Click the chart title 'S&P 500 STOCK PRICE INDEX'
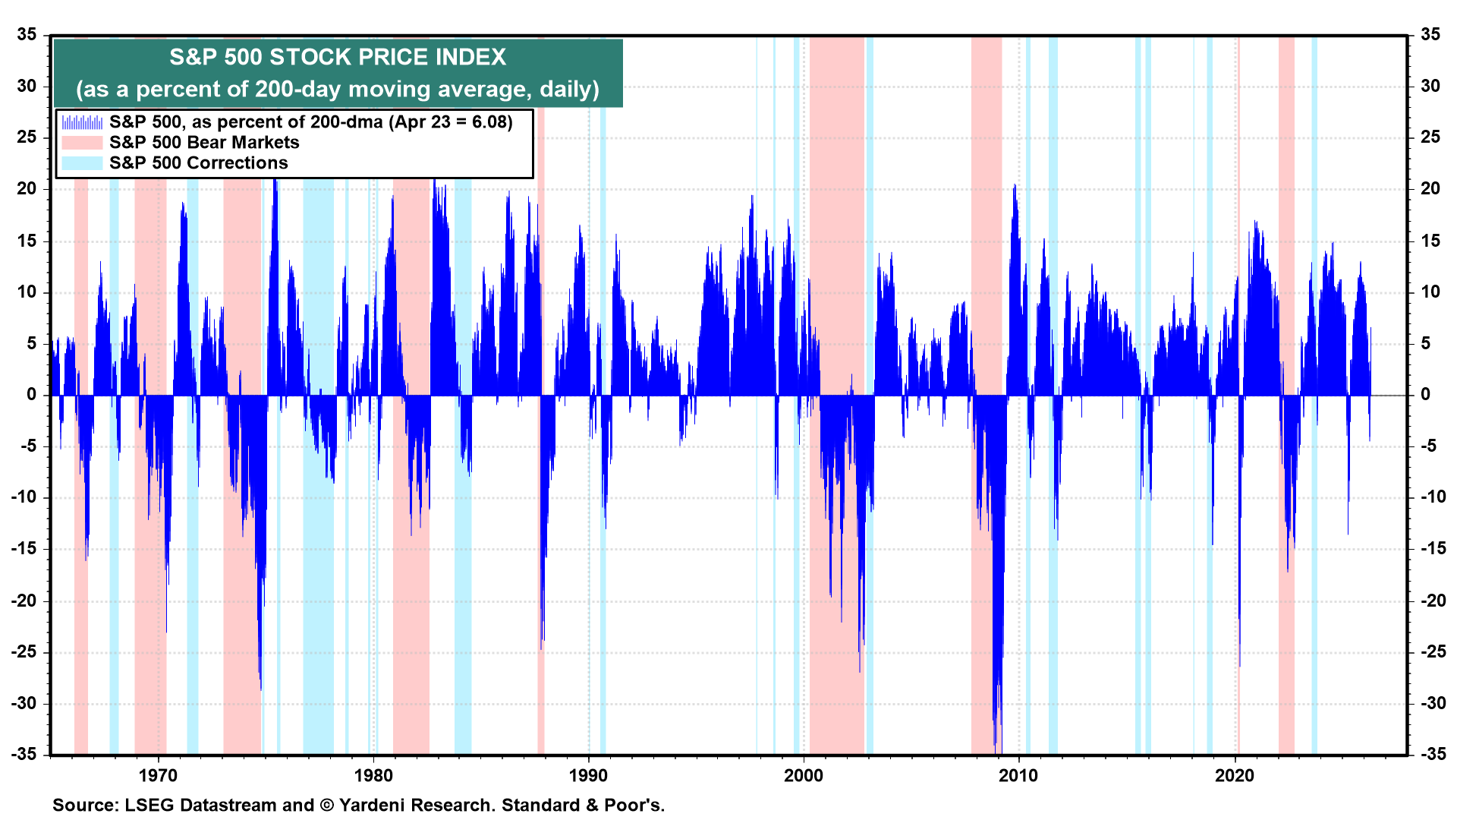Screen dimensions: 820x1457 [x=338, y=57]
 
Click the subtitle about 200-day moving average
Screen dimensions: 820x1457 [x=338, y=90]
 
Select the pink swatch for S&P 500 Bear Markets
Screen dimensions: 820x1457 [x=81, y=143]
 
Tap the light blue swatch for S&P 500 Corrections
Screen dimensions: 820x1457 [x=81, y=163]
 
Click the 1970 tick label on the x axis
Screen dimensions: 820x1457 [x=159, y=775]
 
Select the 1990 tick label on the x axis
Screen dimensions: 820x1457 [x=588, y=775]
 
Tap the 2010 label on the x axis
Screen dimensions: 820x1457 [x=1018, y=775]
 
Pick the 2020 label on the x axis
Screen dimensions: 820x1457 [x=1234, y=775]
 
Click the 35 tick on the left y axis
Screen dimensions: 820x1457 [x=27, y=35]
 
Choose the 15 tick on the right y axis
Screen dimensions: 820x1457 [x=1430, y=241]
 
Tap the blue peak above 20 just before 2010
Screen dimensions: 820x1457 [x=1015, y=188]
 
